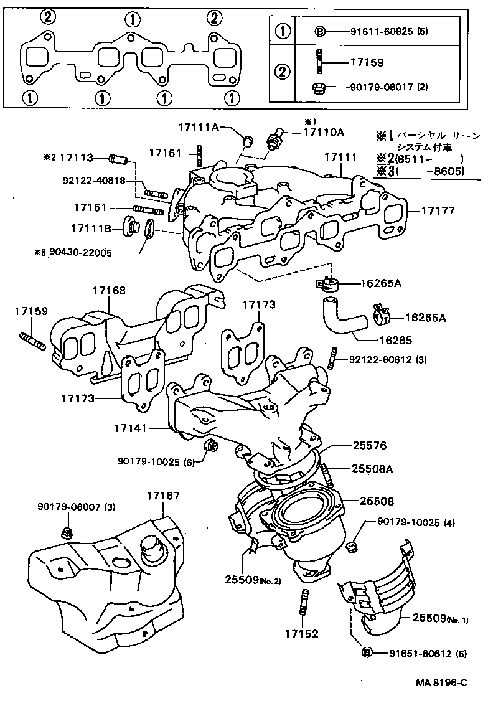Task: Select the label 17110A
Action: click(324, 132)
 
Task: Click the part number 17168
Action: click(110, 290)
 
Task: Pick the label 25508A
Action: click(372, 469)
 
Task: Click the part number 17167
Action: click(163, 496)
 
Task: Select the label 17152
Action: click(301, 634)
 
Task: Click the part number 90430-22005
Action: click(91, 253)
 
